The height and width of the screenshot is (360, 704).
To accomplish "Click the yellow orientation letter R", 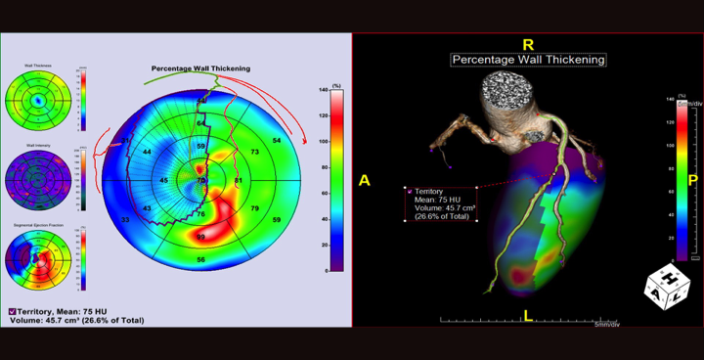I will click(528, 44).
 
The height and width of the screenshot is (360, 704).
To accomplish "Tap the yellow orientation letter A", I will click(365, 180).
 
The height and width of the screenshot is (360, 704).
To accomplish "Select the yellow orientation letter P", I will click(692, 180).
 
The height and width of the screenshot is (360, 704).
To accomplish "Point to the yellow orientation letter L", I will click(528, 315).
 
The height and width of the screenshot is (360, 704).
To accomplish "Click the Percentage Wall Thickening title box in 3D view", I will click(528, 60).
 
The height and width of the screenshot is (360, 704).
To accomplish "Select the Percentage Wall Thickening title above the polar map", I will click(200, 68).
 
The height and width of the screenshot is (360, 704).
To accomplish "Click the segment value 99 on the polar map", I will click(200, 238).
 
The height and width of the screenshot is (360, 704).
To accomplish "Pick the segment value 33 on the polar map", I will click(124, 220).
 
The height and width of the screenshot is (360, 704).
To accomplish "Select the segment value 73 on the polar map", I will click(254, 153).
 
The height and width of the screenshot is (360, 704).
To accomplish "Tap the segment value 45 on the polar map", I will click(163, 181).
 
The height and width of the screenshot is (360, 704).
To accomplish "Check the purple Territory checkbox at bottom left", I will click(13, 311).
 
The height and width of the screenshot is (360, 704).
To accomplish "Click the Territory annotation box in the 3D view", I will click(440, 203).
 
